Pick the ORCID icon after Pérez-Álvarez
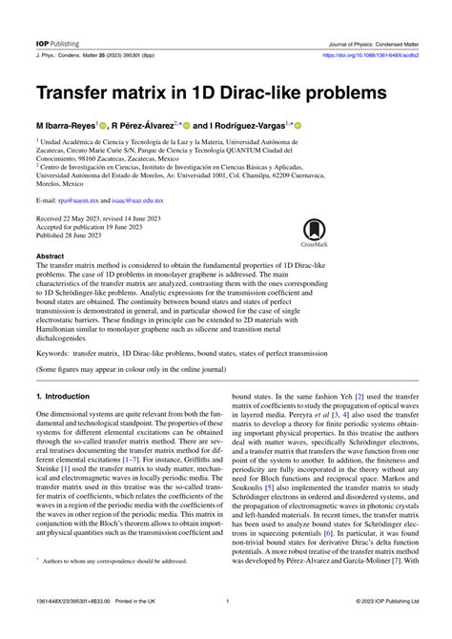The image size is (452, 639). tap(186, 125)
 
